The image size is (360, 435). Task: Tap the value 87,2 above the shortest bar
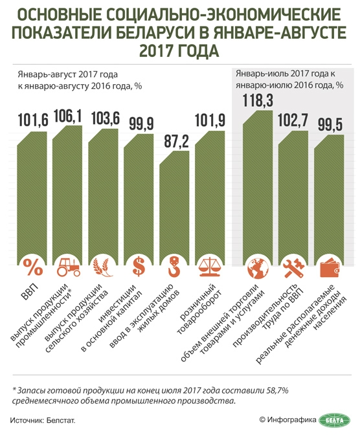tap(175, 142)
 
